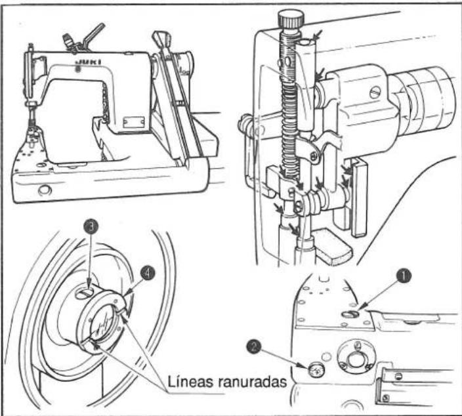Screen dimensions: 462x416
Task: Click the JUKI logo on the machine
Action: click(89, 62)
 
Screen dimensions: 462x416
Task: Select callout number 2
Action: click(254, 346)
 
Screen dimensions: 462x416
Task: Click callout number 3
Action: click(91, 227)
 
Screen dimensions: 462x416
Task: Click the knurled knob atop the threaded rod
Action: click(291, 20)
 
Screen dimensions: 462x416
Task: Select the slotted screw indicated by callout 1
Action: click(350, 314)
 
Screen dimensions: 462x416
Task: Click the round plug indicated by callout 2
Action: click(316, 369)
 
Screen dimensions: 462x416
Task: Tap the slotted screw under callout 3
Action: click(84, 292)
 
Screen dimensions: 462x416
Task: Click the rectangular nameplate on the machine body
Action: click(133, 121)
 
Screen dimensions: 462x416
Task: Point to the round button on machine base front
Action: click(45, 190)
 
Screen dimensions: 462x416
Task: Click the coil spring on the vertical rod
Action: click(289, 130)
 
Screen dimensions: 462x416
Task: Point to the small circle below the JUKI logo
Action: click(78, 70)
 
